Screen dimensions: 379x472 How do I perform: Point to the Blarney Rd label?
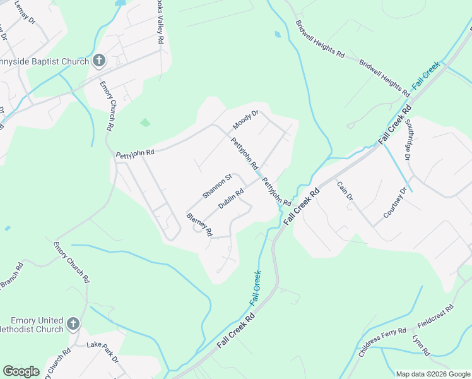coord(199,223)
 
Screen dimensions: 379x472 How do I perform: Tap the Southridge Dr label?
coord(408,139)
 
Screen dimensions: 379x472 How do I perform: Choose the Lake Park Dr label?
coord(102,352)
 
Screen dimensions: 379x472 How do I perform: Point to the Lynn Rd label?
coord(420,344)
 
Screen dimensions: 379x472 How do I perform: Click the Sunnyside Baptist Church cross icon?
coord(99,61)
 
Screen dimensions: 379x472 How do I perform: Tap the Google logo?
coord(21,371)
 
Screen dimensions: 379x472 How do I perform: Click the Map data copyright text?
coord(433,374)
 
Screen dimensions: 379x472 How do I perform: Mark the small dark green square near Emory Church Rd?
coord(145,122)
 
